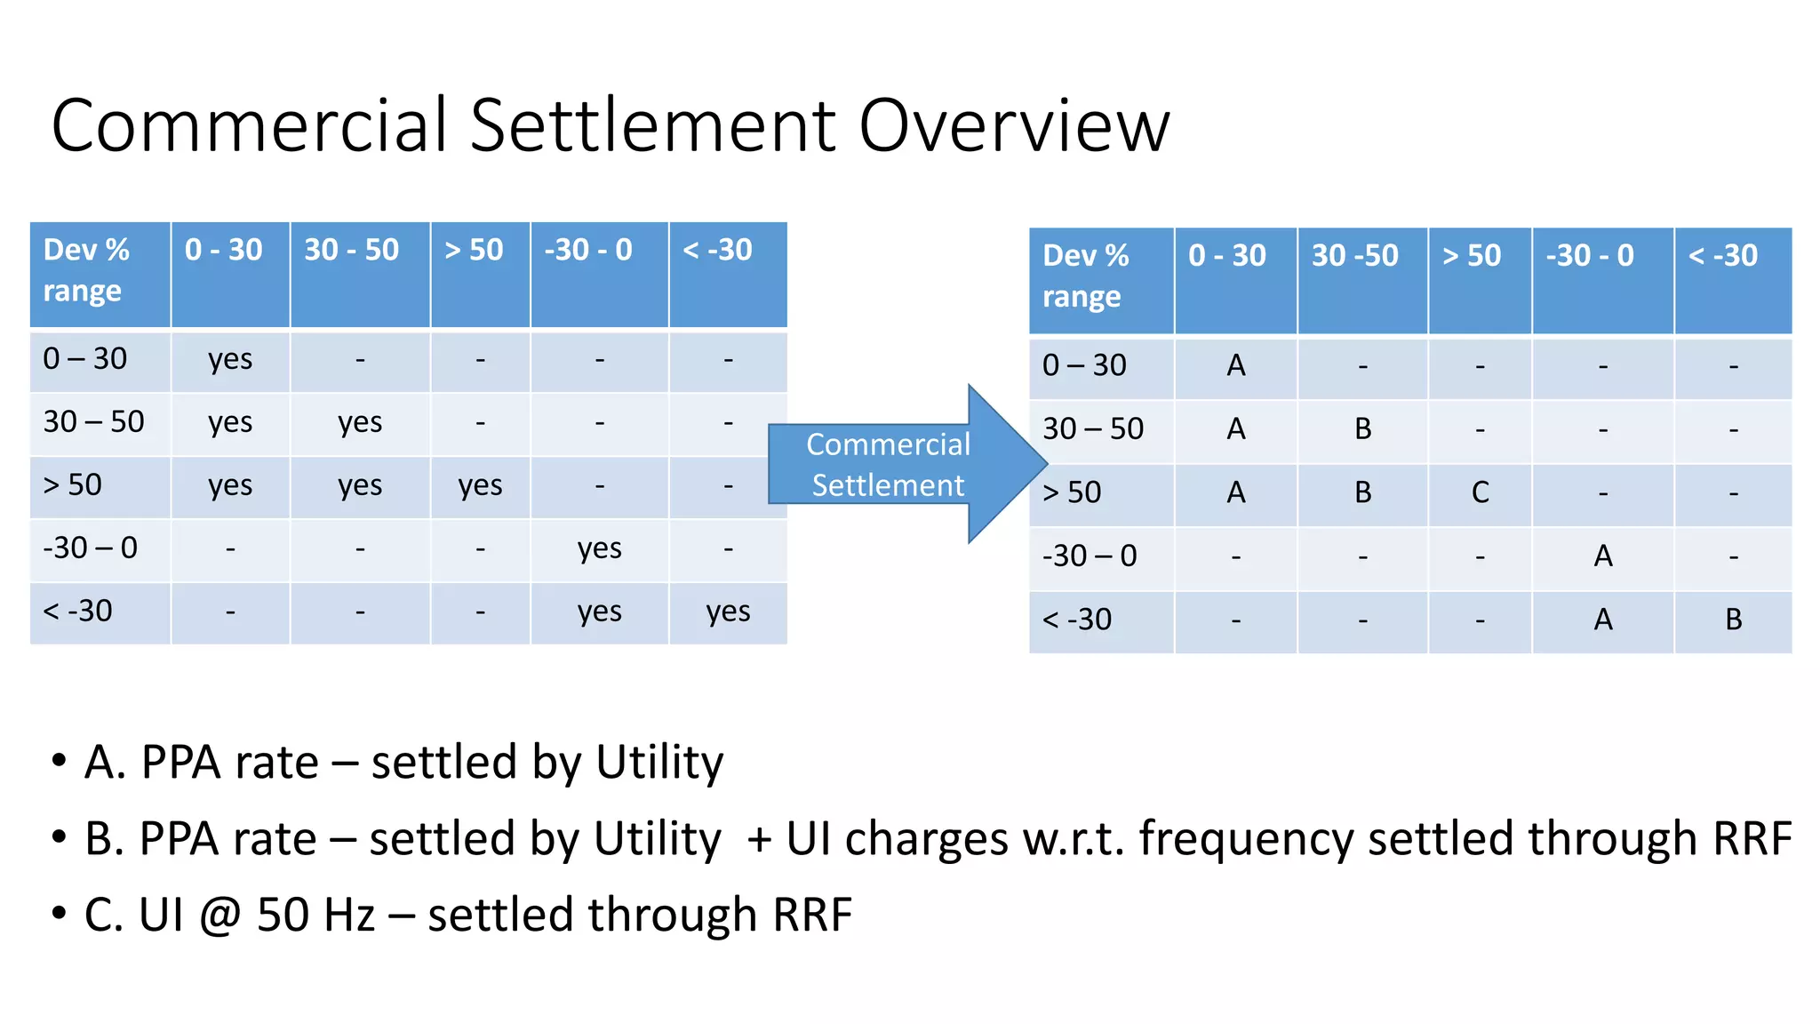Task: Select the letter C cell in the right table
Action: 1480,492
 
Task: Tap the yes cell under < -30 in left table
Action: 728,612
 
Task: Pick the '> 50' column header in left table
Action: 475,250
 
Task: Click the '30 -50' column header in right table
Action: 1355,256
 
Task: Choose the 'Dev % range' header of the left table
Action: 87,270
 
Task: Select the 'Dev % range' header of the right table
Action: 1086,276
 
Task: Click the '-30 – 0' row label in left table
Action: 91,548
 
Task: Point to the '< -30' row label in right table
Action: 1077,620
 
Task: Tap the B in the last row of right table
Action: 1733,620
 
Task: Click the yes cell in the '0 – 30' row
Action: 230,360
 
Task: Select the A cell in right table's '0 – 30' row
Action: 1235,365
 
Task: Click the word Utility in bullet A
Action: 659,763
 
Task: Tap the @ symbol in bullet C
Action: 220,916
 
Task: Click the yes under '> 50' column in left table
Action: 480,486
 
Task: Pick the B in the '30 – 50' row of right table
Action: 1362,429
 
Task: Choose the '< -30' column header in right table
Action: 1723,256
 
